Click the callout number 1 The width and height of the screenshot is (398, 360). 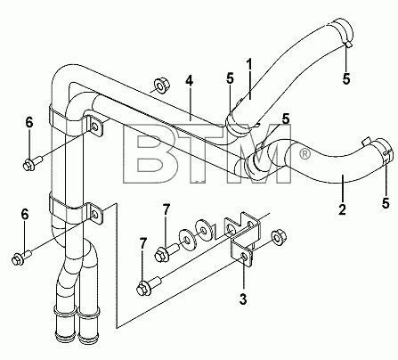pyautogui.click(x=249, y=65)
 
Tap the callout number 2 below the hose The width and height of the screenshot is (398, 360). pyautogui.click(x=342, y=209)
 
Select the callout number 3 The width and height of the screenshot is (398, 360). pyautogui.click(x=243, y=299)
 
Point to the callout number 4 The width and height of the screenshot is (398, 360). pyautogui.click(x=189, y=80)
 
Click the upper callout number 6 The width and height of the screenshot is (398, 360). pyautogui.click(x=29, y=123)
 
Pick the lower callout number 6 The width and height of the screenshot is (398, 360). pyautogui.click(x=25, y=214)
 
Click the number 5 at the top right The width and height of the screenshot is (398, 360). pyautogui.click(x=346, y=78)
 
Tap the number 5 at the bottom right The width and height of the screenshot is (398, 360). pyautogui.click(x=386, y=203)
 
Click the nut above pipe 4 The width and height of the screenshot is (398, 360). pyautogui.click(x=162, y=86)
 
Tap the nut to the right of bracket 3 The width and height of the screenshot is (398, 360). pyautogui.click(x=278, y=237)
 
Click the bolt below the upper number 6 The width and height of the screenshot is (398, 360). pyautogui.click(x=33, y=164)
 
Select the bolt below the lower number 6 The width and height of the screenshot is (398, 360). pyautogui.click(x=21, y=258)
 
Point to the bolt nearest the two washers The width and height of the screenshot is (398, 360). pyautogui.click(x=167, y=251)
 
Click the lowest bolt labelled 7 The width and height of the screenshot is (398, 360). pyautogui.click(x=149, y=284)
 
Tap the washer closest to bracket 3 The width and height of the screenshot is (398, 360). pyautogui.click(x=204, y=230)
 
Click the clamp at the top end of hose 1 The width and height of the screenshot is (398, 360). pyautogui.click(x=342, y=33)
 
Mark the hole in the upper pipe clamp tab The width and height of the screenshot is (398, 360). pyautogui.click(x=94, y=127)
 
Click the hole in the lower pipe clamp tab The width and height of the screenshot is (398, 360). pyautogui.click(x=95, y=215)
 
